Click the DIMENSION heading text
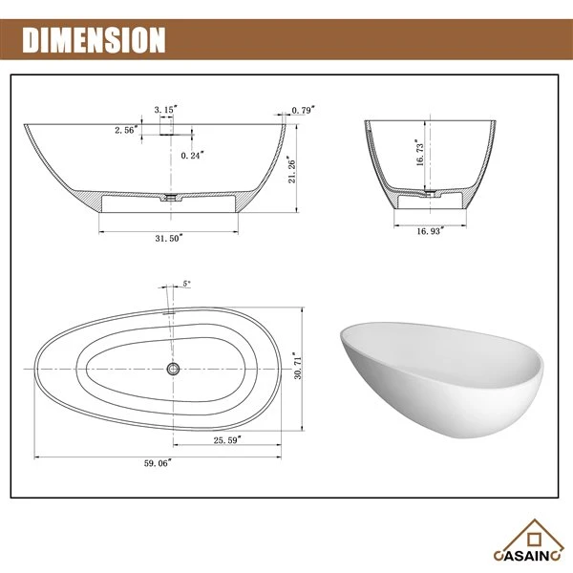pos(94,40)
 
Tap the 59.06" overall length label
pos(158,463)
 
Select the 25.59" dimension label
pos(227,440)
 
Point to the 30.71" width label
pos(297,366)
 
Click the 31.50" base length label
pos(169,238)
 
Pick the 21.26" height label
pos(291,169)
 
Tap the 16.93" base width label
pos(431,231)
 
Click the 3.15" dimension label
pos(166,109)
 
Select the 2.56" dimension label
pos(126,130)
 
